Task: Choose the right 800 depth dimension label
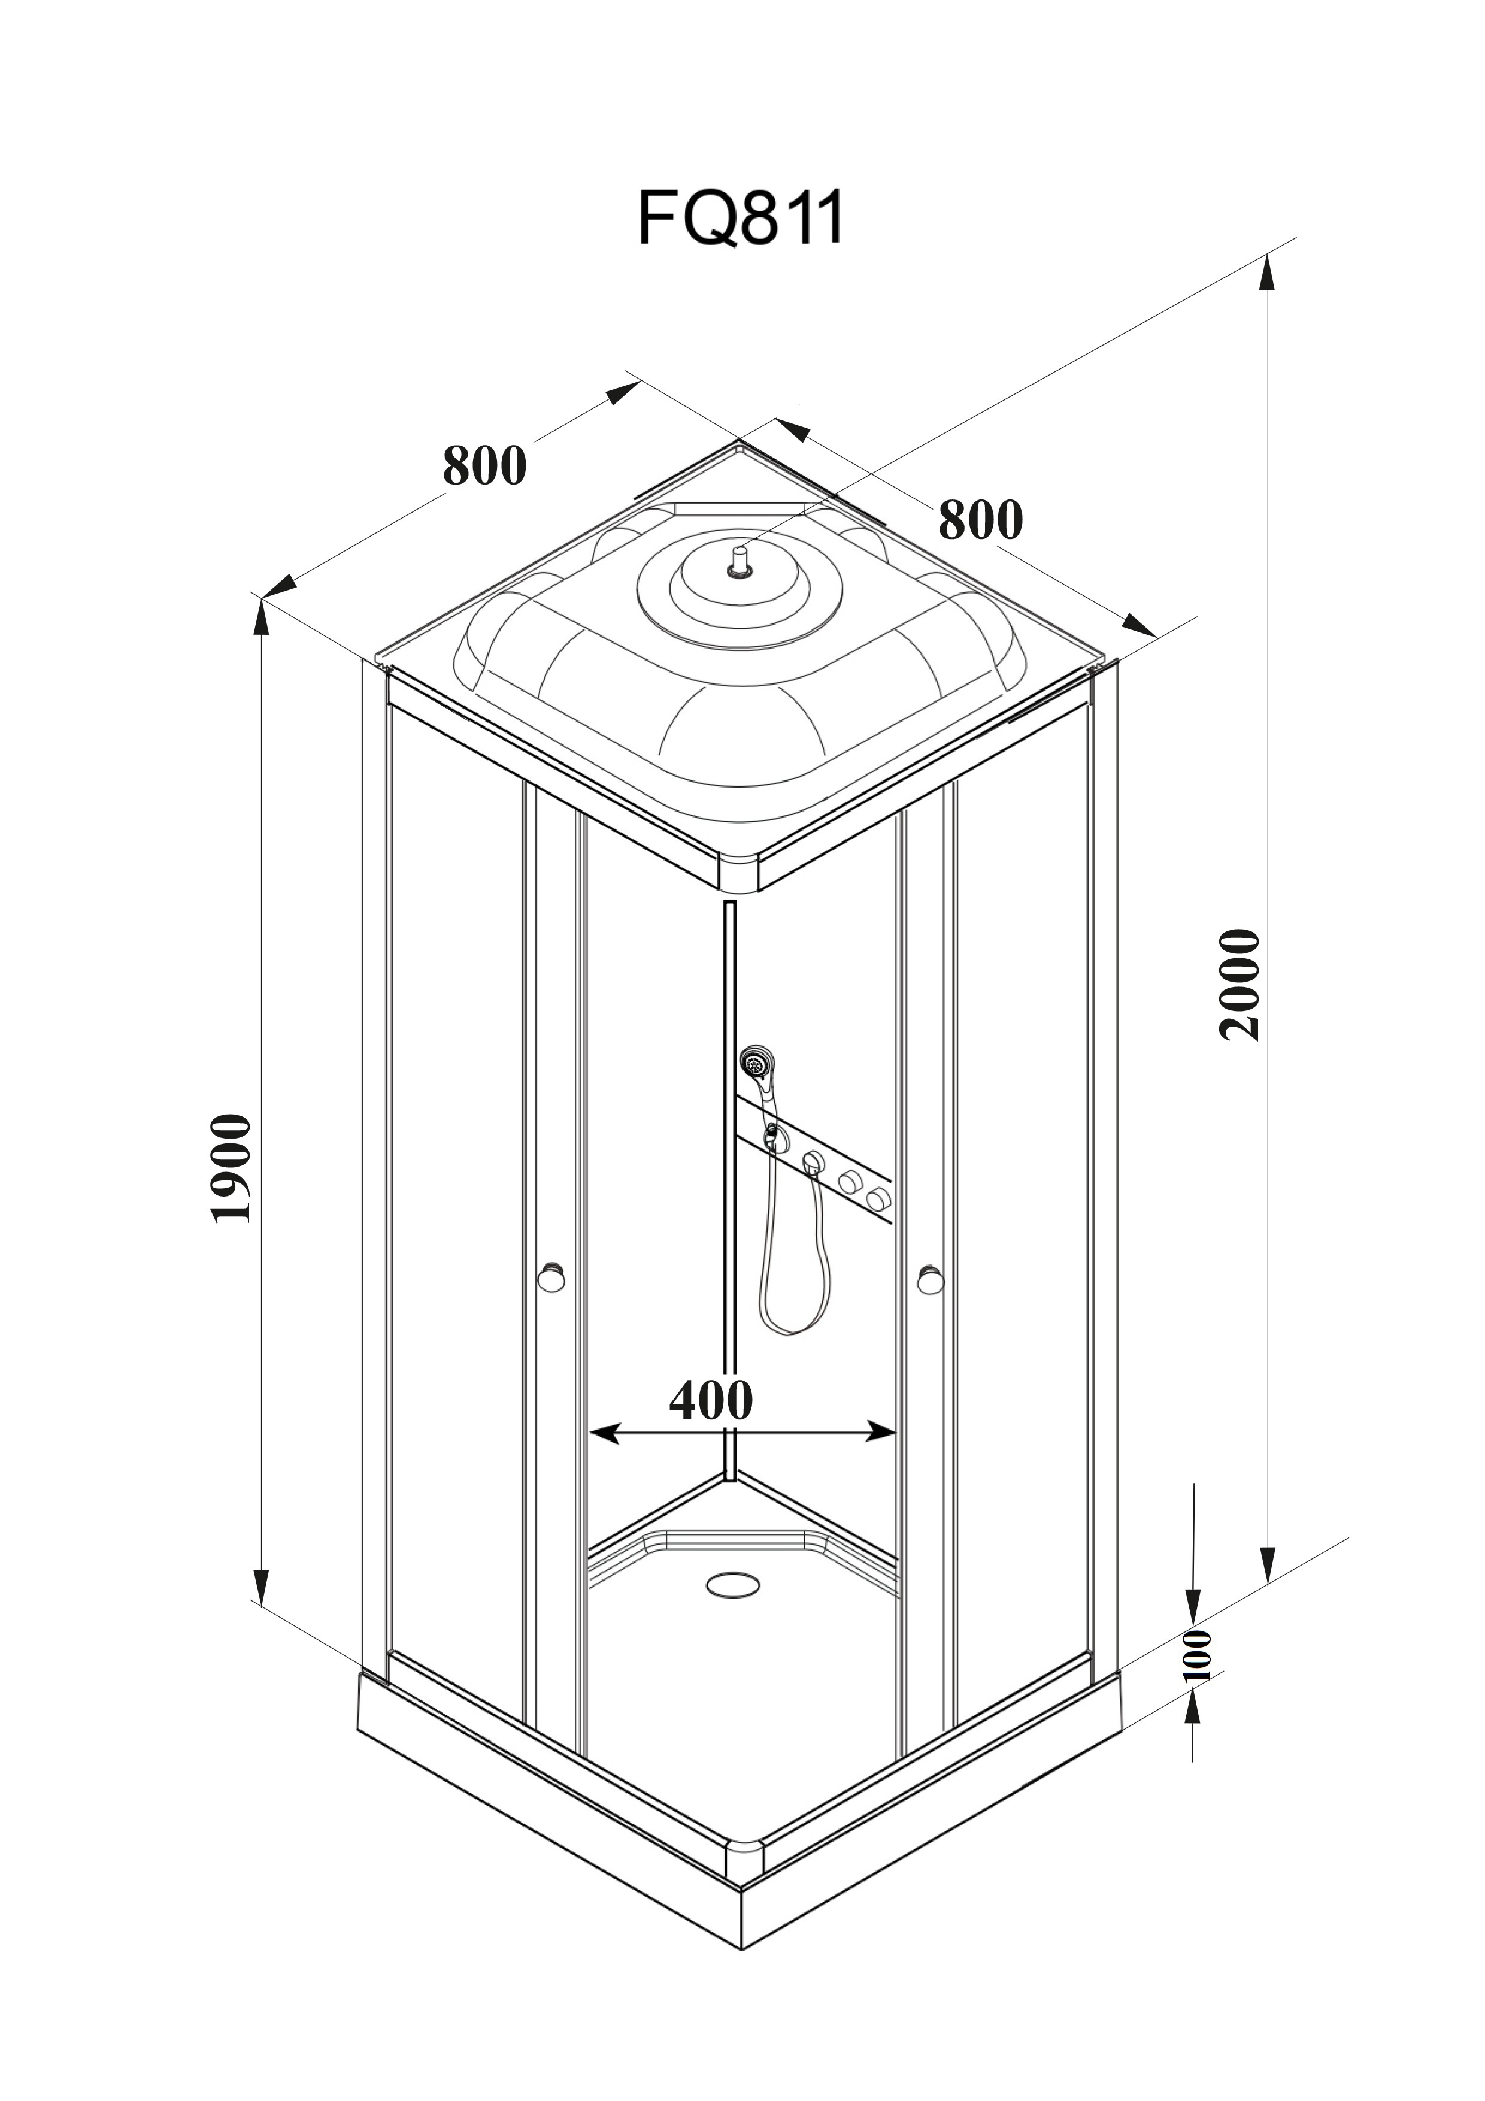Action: tap(980, 520)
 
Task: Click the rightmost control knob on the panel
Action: tap(879, 1198)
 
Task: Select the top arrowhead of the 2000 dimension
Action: tap(1268, 272)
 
